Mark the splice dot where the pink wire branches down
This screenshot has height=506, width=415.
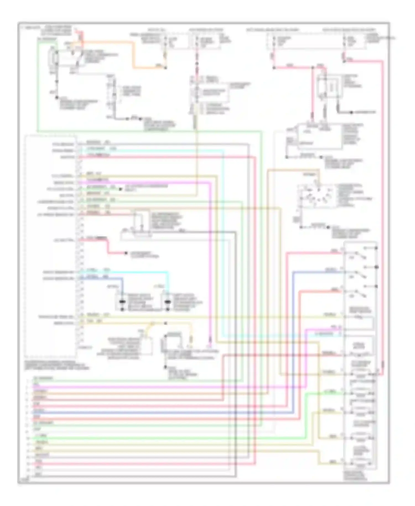click(313, 67)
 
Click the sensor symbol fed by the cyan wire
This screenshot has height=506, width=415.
click(167, 302)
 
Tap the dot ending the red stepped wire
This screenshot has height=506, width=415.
click(126, 253)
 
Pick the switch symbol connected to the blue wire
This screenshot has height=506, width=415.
click(360, 274)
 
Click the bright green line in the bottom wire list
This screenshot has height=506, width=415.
click(138, 438)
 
